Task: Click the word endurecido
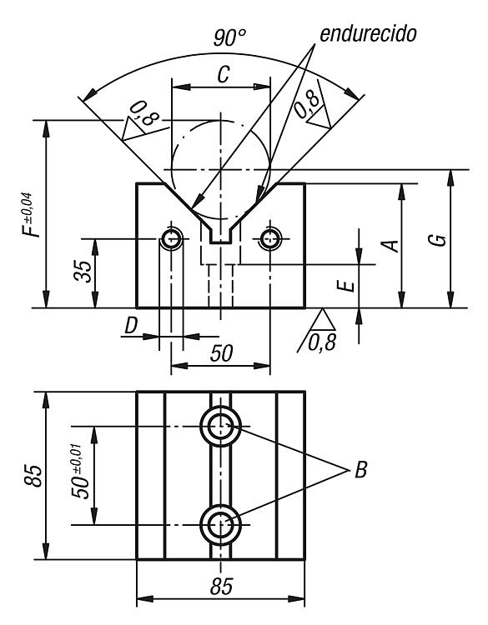coord(368,34)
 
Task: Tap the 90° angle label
coord(229,37)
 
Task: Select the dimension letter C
coord(224,74)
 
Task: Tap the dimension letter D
coord(131,325)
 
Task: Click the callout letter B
coord(360,470)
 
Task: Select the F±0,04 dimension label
coord(33,215)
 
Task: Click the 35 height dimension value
coord(83,272)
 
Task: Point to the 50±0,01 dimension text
coord(79,471)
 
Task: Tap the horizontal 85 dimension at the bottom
coord(221,587)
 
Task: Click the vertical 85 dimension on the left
coord(33,476)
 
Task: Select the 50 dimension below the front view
coord(221,353)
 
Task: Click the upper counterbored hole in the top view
coord(220,427)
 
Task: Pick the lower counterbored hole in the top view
coord(220,525)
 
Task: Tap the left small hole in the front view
coord(172,239)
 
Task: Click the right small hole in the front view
coord(270,239)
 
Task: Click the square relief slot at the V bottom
coord(221,235)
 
